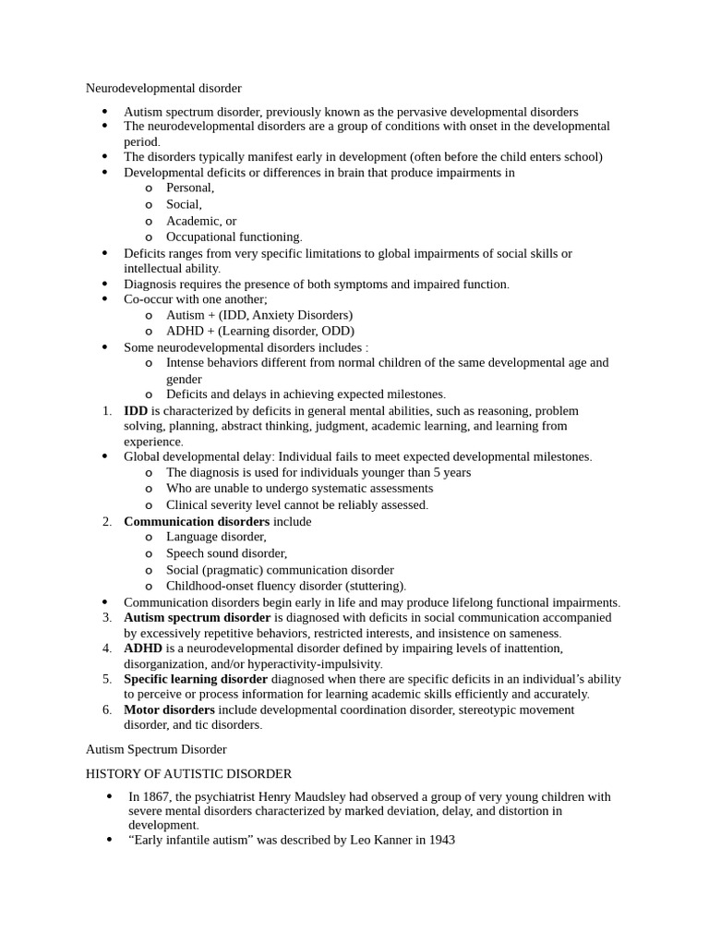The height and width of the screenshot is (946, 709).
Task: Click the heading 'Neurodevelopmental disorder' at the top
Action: [x=163, y=89]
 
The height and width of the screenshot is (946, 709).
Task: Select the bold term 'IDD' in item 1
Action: [x=136, y=411]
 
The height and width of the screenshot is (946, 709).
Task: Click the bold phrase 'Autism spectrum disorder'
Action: [x=197, y=618]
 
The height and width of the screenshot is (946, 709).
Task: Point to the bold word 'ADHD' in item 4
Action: [x=143, y=649]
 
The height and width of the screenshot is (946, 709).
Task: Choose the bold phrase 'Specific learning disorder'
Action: [x=196, y=679]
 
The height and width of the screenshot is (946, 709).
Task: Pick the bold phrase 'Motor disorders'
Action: [x=169, y=710]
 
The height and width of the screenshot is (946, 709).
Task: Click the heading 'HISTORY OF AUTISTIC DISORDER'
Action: [x=188, y=774]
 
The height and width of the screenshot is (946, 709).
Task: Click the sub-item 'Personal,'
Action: [x=190, y=188]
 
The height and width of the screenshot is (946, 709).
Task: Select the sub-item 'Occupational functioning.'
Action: [x=234, y=237]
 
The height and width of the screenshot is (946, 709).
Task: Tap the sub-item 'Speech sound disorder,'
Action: [x=226, y=554]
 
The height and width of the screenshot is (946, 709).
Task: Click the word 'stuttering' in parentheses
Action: [x=375, y=587]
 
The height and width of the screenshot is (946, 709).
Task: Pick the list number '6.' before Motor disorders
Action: [x=107, y=710]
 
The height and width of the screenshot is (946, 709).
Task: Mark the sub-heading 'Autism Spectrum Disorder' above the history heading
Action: [x=156, y=750]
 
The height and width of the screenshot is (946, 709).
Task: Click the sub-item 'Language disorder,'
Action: [x=216, y=538]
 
